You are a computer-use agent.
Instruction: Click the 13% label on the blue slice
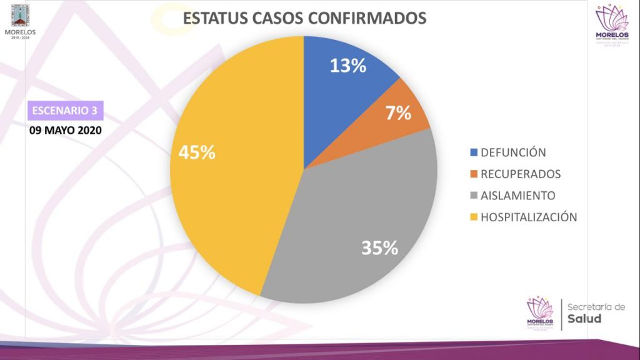(x=348, y=66)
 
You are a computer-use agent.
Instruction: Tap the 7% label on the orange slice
(x=398, y=113)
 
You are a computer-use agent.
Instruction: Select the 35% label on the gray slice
(x=379, y=248)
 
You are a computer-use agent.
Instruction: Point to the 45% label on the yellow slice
(x=197, y=152)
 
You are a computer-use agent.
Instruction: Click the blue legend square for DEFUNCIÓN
(x=474, y=152)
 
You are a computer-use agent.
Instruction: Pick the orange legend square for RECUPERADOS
(x=474, y=174)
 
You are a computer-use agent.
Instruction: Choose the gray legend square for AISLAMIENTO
(x=474, y=196)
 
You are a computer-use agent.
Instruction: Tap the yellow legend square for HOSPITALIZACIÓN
(x=474, y=217)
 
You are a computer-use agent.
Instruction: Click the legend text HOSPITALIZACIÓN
(x=528, y=217)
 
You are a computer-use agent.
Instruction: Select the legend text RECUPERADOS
(x=521, y=174)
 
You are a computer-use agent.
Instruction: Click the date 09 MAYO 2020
(x=65, y=131)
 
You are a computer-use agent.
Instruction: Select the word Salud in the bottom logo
(x=585, y=319)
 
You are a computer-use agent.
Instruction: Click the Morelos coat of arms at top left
(x=21, y=14)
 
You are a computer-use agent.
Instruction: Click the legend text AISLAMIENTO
(x=518, y=196)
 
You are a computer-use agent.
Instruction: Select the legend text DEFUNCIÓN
(x=513, y=152)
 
